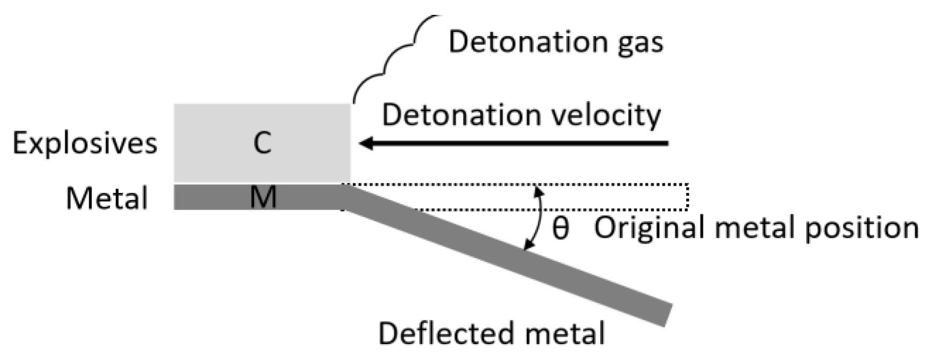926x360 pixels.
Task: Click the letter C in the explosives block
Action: click(263, 143)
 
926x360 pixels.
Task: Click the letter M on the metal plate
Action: click(263, 197)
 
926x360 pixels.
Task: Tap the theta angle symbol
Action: click(560, 229)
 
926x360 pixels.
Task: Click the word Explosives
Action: click(85, 143)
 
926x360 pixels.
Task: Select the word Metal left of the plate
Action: click(107, 199)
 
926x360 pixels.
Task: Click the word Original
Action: click(653, 228)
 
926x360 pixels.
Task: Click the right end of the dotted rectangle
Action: click(688, 196)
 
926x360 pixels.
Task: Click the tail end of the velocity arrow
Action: click(666, 143)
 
